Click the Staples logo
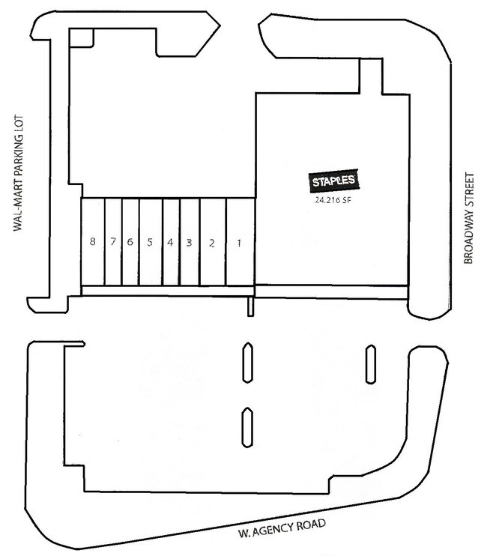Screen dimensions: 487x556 [x=333, y=181]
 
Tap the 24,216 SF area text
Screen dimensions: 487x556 [x=333, y=200]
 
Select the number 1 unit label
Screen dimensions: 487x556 [x=239, y=244]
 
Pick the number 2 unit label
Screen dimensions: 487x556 [x=212, y=244]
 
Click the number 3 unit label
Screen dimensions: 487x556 [x=189, y=243]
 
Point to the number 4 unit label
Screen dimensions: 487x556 [x=170, y=243]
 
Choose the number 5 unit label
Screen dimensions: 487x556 [x=150, y=242]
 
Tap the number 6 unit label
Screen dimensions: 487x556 [x=130, y=242]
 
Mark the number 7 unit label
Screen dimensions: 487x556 [x=113, y=241]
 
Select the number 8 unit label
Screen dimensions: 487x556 [x=92, y=241]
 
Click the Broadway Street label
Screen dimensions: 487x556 [x=468, y=219]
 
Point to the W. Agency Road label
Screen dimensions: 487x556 [x=282, y=528]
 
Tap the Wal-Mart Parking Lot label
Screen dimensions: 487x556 [x=18, y=173]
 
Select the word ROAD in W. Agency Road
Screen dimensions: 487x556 [x=311, y=525]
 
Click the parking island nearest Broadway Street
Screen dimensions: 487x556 [x=371, y=364]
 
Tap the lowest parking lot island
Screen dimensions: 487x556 [x=247, y=427]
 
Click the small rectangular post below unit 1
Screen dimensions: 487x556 [x=250, y=306]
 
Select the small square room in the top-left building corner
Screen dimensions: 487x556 [x=82, y=37]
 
